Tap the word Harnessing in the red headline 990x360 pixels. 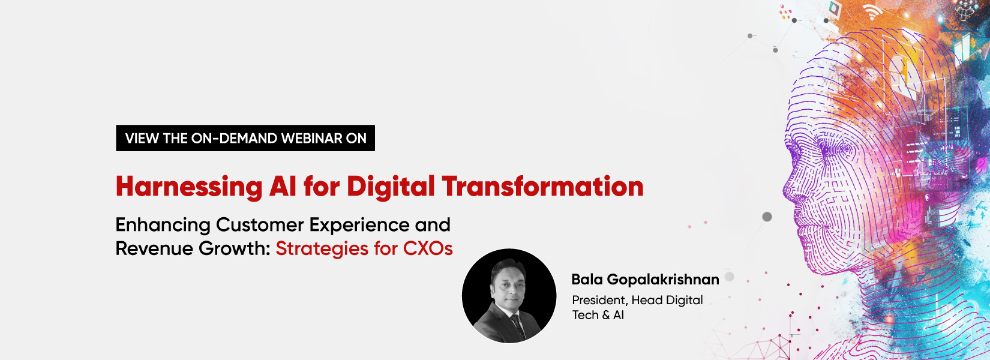(x=189, y=187)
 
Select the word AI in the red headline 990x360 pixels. (x=283, y=187)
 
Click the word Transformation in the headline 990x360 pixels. (x=542, y=187)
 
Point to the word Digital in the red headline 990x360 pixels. (x=391, y=187)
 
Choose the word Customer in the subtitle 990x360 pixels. (x=260, y=225)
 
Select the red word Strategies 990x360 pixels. (x=322, y=248)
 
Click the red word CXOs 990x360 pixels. (x=428, y=248)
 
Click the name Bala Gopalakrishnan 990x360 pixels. (x=645, y=280)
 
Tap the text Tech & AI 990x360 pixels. (x=598, y=315)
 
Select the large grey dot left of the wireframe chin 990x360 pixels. (x=767, y=217)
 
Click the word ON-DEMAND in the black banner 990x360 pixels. (x=234, y=139)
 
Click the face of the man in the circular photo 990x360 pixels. (x=507, y=284)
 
